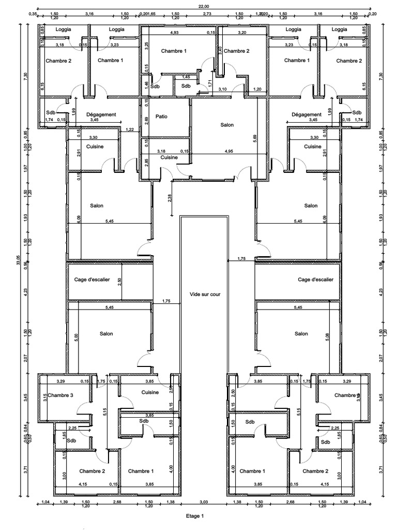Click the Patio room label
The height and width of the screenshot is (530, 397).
tap(162, 117)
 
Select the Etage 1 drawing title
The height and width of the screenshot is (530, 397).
tap(195, 516)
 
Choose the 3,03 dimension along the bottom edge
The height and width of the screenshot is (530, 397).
tap(204, 502)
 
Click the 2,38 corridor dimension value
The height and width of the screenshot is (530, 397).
tap(170, 198)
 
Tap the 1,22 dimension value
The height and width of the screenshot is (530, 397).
tap(130, 129)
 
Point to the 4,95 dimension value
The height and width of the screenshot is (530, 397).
tap(228, 152)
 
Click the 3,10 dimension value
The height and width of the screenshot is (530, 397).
tap(223, 90)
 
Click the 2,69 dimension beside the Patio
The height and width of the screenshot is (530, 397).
tap(147, 120)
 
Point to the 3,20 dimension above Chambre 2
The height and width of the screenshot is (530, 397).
tap(242, 33)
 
